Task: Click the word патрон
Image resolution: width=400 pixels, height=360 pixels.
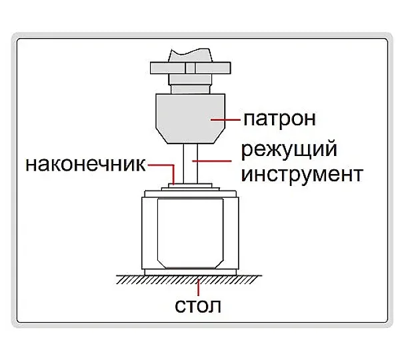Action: (280, 119)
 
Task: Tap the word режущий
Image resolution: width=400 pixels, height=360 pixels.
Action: (289, 149)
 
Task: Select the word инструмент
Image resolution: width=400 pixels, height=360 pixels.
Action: (302, 175)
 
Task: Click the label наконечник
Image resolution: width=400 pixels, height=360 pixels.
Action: (86, 164)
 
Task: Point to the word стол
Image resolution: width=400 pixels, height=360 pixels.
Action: (198, 305)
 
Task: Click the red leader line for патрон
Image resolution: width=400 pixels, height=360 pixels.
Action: (225, 119)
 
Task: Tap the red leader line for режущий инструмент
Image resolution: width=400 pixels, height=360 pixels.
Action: (212, 161)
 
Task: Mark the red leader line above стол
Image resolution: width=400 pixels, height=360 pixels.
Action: (198, 287)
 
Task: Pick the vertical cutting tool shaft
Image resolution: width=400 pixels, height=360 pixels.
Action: (190, 163)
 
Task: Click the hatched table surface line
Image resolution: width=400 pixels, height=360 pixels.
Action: (189, 279)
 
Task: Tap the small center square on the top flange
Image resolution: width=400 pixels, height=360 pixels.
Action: (190, 68)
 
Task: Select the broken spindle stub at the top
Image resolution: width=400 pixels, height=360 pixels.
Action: (190, 55)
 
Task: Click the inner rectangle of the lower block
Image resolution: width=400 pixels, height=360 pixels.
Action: (190, 233)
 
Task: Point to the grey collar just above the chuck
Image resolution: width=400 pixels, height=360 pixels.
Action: (190, 84)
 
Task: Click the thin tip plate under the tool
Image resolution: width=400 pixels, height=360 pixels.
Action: (190, 185)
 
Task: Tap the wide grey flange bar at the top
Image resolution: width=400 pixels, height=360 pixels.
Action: (190, 68)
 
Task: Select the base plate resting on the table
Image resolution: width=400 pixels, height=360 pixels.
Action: (190, 272)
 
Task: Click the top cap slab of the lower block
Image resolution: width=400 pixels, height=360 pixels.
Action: (190, 193)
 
